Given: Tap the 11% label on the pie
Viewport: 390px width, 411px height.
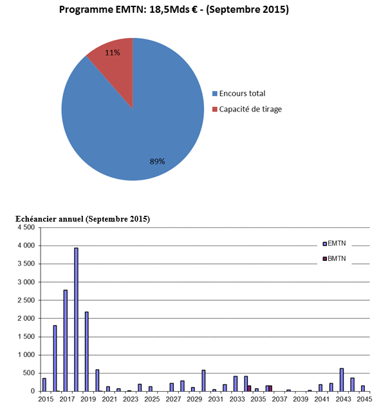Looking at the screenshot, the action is (x=113, y=53).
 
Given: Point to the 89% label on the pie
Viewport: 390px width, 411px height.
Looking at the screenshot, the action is (x=157, y=162).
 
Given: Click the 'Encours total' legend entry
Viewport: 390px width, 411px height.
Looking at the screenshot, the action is (x=239, y=93).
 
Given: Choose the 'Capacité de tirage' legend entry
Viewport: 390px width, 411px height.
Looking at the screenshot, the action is (x=246, y=110).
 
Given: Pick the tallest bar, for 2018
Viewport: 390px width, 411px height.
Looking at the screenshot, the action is (x=76, y=320).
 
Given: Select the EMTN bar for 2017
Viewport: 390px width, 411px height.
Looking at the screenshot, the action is (x=66, y=341).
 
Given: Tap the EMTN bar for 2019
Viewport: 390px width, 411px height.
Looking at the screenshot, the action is (x=87, y=352).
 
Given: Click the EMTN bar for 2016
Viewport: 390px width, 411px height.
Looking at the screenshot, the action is (x=55, y=358).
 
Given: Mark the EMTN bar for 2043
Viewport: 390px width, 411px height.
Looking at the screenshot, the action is (x=342, y=380).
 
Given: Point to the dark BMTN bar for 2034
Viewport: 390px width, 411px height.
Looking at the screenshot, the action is (x=249, y=388).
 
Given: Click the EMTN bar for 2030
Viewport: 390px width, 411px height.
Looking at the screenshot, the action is (x=203, y=381).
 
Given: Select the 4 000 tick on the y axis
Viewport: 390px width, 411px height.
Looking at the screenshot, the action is (x=26, y=245).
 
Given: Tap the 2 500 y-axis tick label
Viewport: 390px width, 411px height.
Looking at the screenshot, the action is (x=26, y=300).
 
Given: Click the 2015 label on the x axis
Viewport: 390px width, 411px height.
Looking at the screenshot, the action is (x=46, y=399).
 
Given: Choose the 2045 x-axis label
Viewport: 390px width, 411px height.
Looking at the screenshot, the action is (x=364, y=399).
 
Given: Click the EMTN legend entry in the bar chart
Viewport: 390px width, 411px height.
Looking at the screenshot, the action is (x=334, y=244).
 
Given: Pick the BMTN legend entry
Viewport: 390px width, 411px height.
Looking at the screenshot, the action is (x=334, y=259).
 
